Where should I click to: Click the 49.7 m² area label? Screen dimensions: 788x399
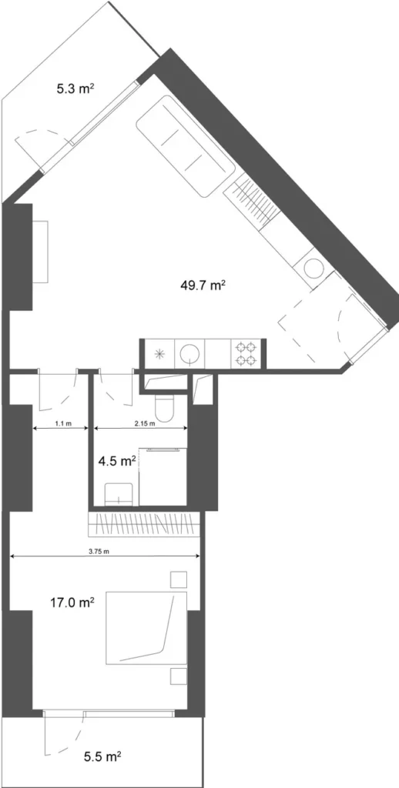(x=202, y=285)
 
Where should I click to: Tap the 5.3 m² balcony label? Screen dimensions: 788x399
(x=75, y=88)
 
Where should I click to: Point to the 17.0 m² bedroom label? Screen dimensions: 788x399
(x=72, y=603)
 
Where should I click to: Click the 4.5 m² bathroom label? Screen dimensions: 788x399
(x=116, y=462)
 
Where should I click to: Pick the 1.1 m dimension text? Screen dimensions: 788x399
(x=63, y=424)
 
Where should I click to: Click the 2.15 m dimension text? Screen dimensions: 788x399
(x=144, y=424)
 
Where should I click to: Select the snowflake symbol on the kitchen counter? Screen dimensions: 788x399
(x=159, y=354)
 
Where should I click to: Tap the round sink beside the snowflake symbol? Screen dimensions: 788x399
(x=190, y=354)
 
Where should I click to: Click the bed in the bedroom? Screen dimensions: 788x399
(x=146, y=627)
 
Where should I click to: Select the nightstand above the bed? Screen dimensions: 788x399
(x=178, y=579)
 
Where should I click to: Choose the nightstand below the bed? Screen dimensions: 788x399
(x=178, y=676)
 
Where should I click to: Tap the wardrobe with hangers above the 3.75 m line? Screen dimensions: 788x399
(x=146, y=526)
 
